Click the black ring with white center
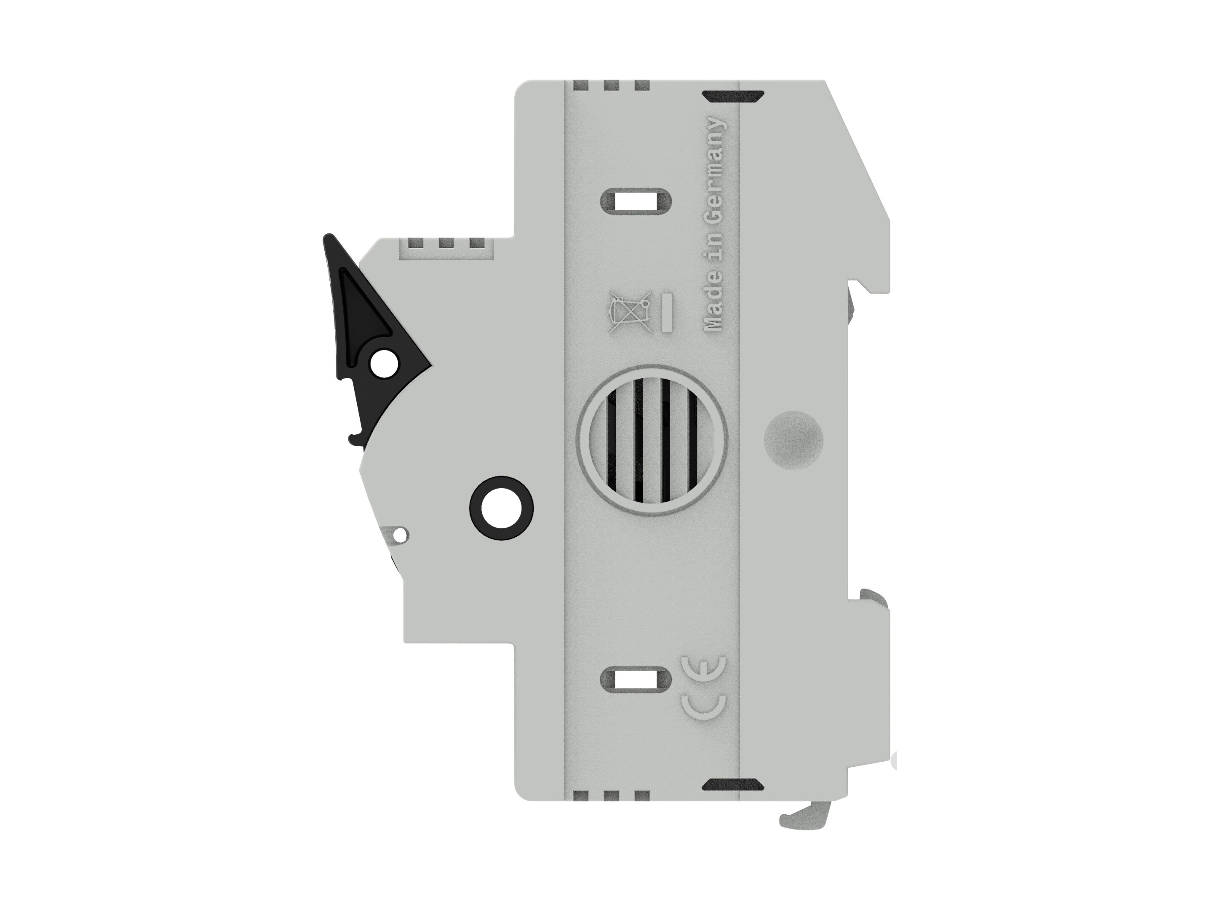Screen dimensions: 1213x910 (502, 508)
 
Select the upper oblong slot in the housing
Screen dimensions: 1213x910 (636, 201)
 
